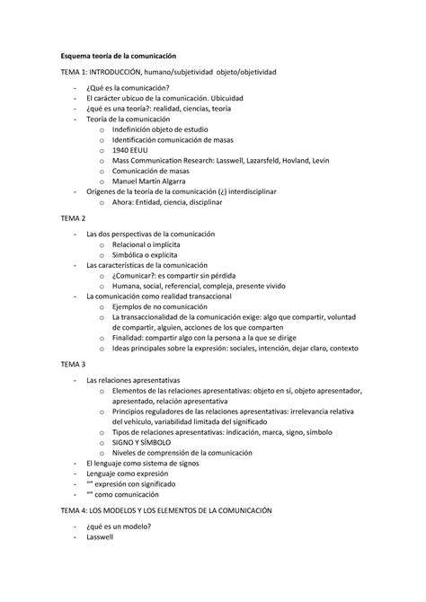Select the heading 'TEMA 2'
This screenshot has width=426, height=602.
tap(74, 218)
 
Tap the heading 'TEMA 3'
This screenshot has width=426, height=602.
tap(74, 365)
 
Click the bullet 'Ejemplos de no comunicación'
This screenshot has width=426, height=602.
tap(165, 306)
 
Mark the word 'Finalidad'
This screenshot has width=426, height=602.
tap(130, 332)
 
